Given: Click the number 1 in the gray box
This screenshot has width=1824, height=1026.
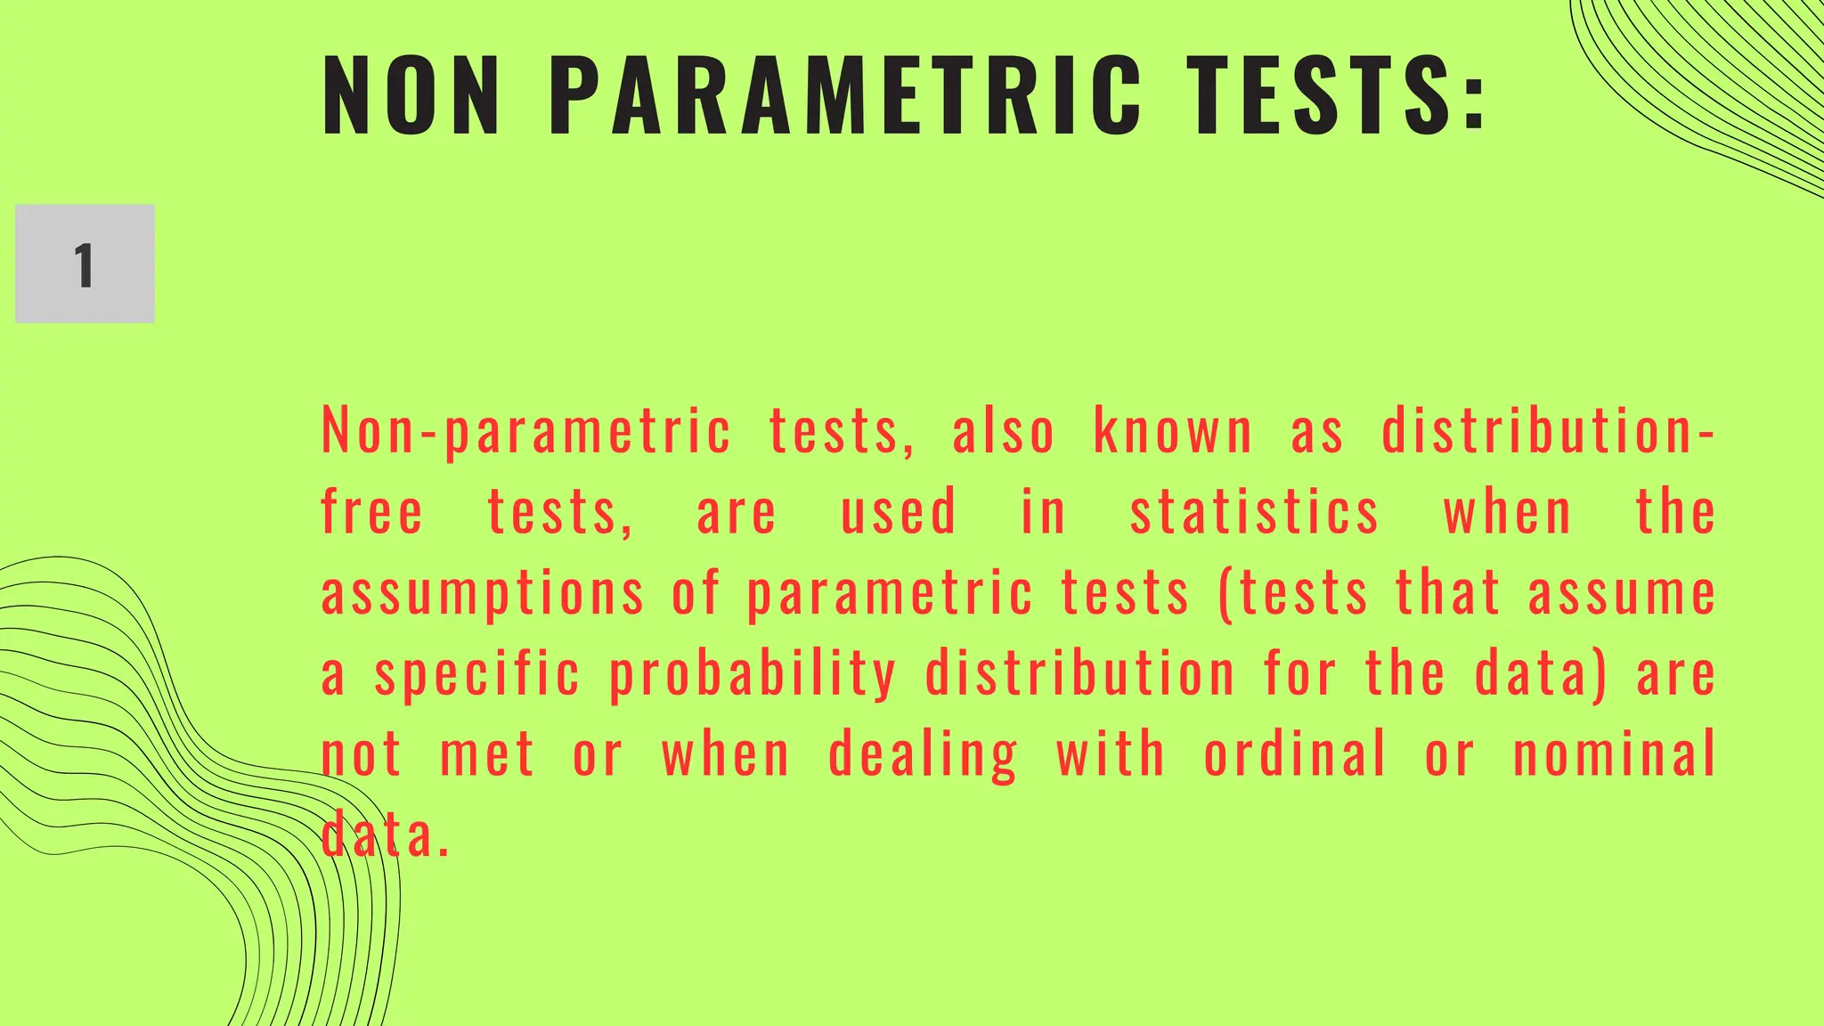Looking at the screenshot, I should tap(85, 265).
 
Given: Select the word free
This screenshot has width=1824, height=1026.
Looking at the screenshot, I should tap(371, 513).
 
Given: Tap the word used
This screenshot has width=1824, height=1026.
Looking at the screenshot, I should tap(899, 513).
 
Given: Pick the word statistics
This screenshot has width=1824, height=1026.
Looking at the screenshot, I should tap(1255, 513).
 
